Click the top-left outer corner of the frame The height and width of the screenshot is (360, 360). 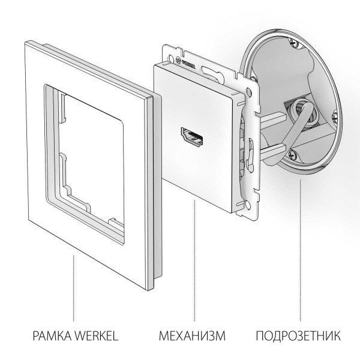coord(27,40)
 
